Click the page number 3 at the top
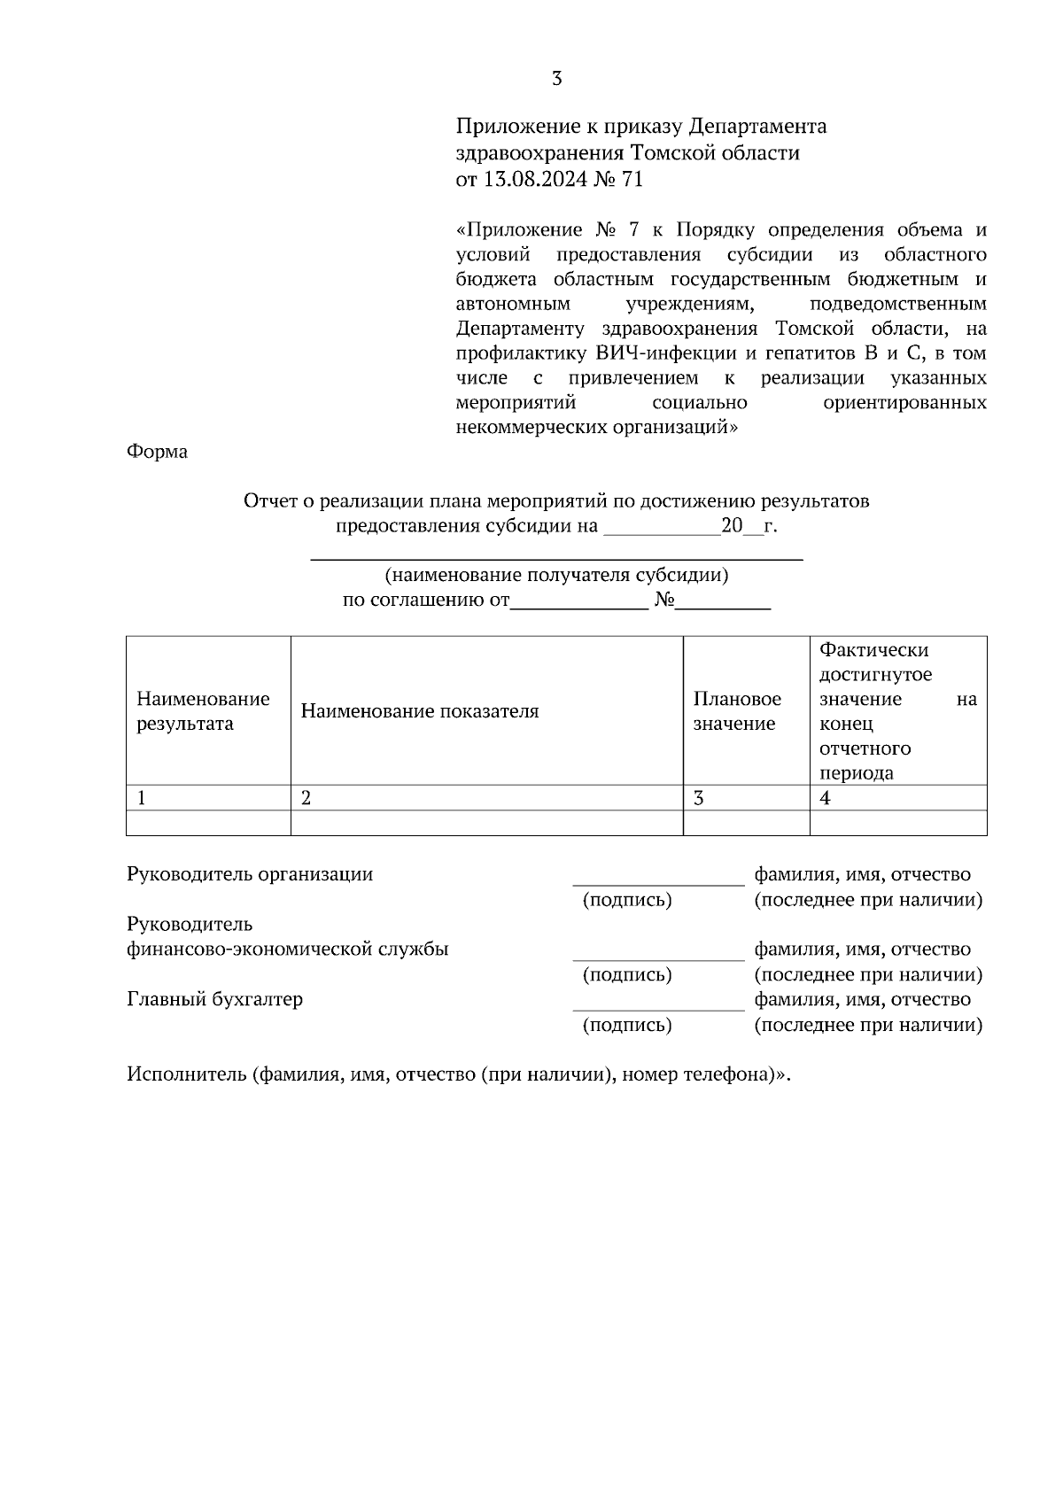[x=556, y=79]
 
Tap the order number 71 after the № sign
[x=632, y=180]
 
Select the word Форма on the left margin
[x=157, y=452]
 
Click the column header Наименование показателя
[x=419, y=711]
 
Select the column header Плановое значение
[x=736, y=711]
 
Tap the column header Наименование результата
[x=202, y=711]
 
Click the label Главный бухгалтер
[x=214, y=999]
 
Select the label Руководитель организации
[x=250, y=874]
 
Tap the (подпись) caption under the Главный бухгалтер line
[x=626, y=1025]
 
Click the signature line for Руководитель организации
[x=657, y=881]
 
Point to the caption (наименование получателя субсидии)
[x=556, y=575]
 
